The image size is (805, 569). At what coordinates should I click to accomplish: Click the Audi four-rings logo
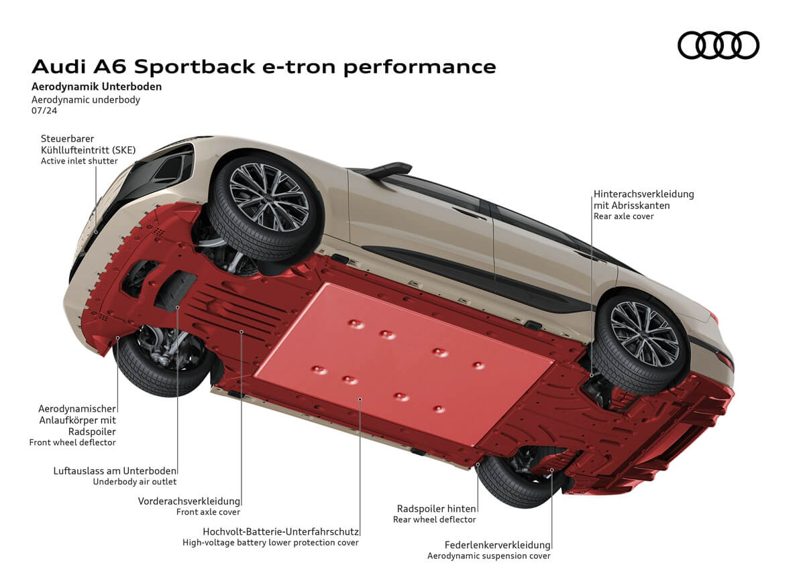718,45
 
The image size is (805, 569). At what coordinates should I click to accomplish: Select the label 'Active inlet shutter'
79,161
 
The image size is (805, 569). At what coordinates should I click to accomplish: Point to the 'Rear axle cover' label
623,216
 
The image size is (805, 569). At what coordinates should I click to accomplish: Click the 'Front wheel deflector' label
72,442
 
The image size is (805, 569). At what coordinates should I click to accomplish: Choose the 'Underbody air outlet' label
135,481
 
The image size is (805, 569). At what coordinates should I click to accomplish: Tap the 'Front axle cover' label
208,512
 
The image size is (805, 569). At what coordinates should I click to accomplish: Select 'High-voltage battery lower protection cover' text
270,542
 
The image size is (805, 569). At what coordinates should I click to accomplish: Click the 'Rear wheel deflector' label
434,519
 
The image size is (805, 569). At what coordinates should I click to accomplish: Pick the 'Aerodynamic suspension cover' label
488,556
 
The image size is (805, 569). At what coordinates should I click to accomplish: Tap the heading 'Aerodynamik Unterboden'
97,86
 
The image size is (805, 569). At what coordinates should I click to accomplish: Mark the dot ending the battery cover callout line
360,399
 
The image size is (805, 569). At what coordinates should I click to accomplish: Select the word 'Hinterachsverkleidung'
643,194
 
